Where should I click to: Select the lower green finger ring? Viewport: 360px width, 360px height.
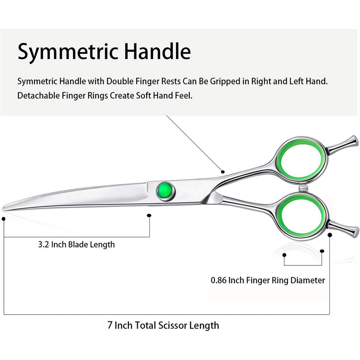pyautogui.click(x=300, y=216)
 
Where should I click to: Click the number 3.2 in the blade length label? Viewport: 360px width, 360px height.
pyautogui.click(x=44, y=245)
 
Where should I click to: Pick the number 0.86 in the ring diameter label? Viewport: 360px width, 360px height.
pyautogui.click(x=219, y=280)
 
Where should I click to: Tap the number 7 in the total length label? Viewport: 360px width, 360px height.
pyautogui.click(x=110, y=325)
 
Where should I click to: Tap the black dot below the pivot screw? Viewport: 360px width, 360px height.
pyautogui.click(x=149, y=216)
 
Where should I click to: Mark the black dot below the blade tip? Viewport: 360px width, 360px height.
pyautogui.click(x=3, y=218)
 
